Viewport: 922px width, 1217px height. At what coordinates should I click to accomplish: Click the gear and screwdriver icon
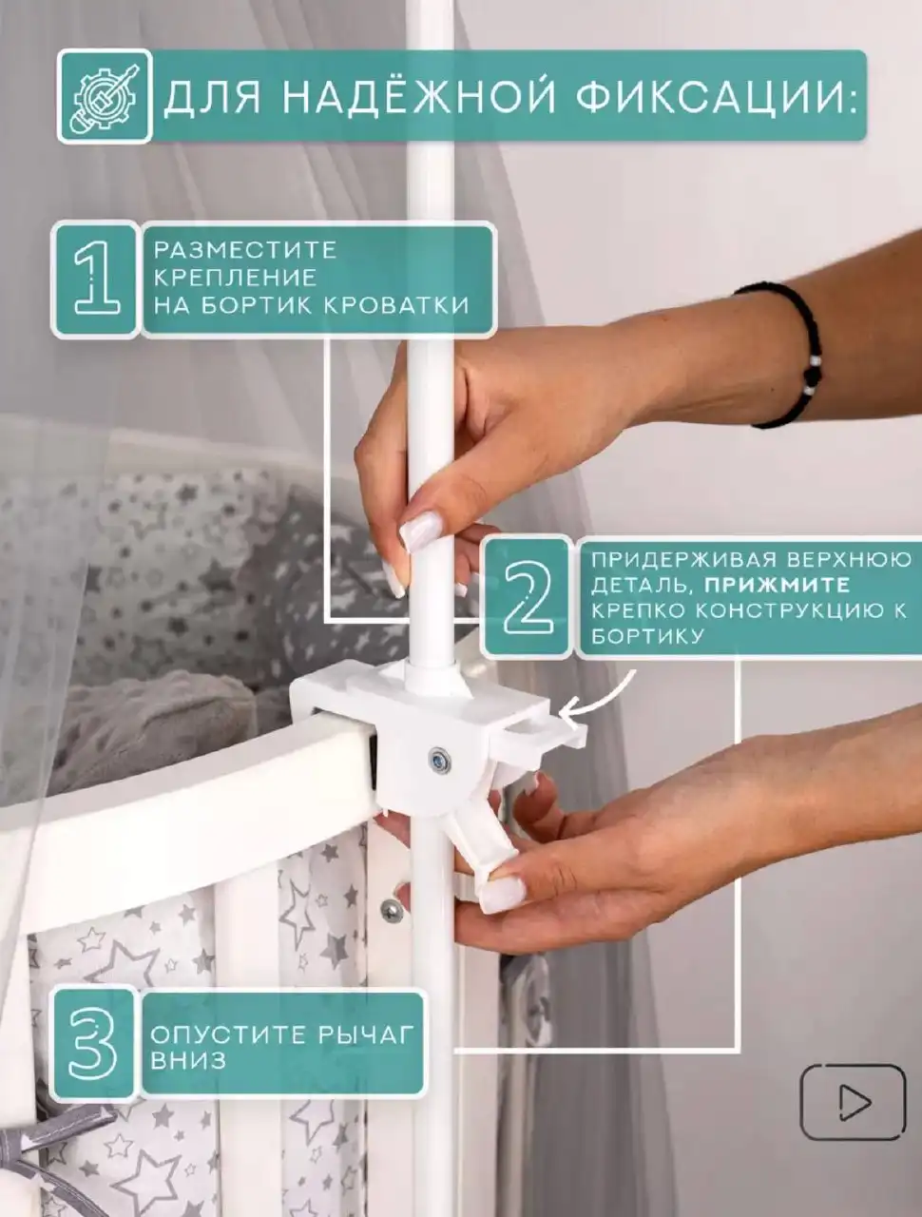pos(105,95)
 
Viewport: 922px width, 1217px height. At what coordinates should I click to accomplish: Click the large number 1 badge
pos(95,280)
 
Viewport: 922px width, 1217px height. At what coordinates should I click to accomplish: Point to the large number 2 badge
pos(527,597)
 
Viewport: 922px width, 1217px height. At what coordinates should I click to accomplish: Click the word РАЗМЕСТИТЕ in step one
pos(245,250)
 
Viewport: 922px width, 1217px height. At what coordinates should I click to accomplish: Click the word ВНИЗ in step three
pos(188,1061)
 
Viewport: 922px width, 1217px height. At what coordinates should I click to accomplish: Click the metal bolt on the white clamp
pos(439,762)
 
